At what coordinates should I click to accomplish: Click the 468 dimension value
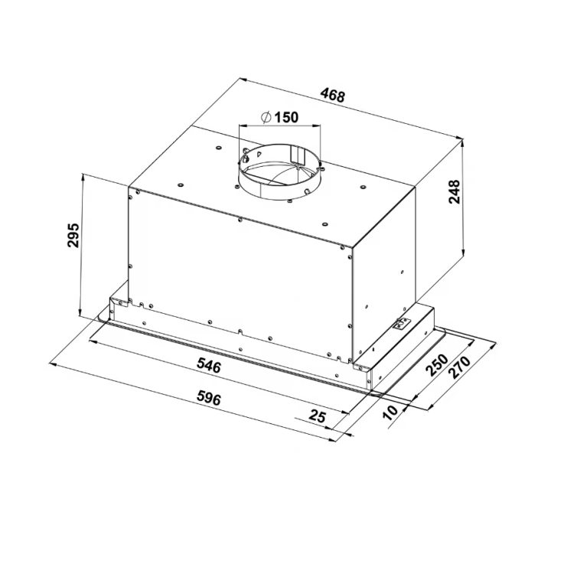click(x=332, y=95)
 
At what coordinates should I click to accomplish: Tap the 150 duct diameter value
click(x=286, y=117)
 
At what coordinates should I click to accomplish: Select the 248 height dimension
click(x=455, y=191)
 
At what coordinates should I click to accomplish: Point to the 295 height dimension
click(x=73, y=235)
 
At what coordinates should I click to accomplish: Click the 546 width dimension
click(x=209, y=365)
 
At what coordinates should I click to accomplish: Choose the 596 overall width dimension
click(x=209, y=398)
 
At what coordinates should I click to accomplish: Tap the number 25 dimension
click(x=317, y=416)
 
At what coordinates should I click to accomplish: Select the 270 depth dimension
click(x=460, y=367)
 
